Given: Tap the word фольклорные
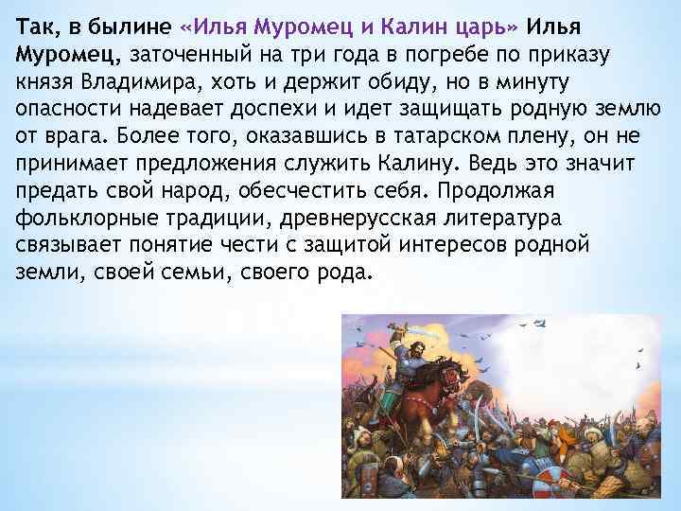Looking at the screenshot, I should (83, 219).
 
